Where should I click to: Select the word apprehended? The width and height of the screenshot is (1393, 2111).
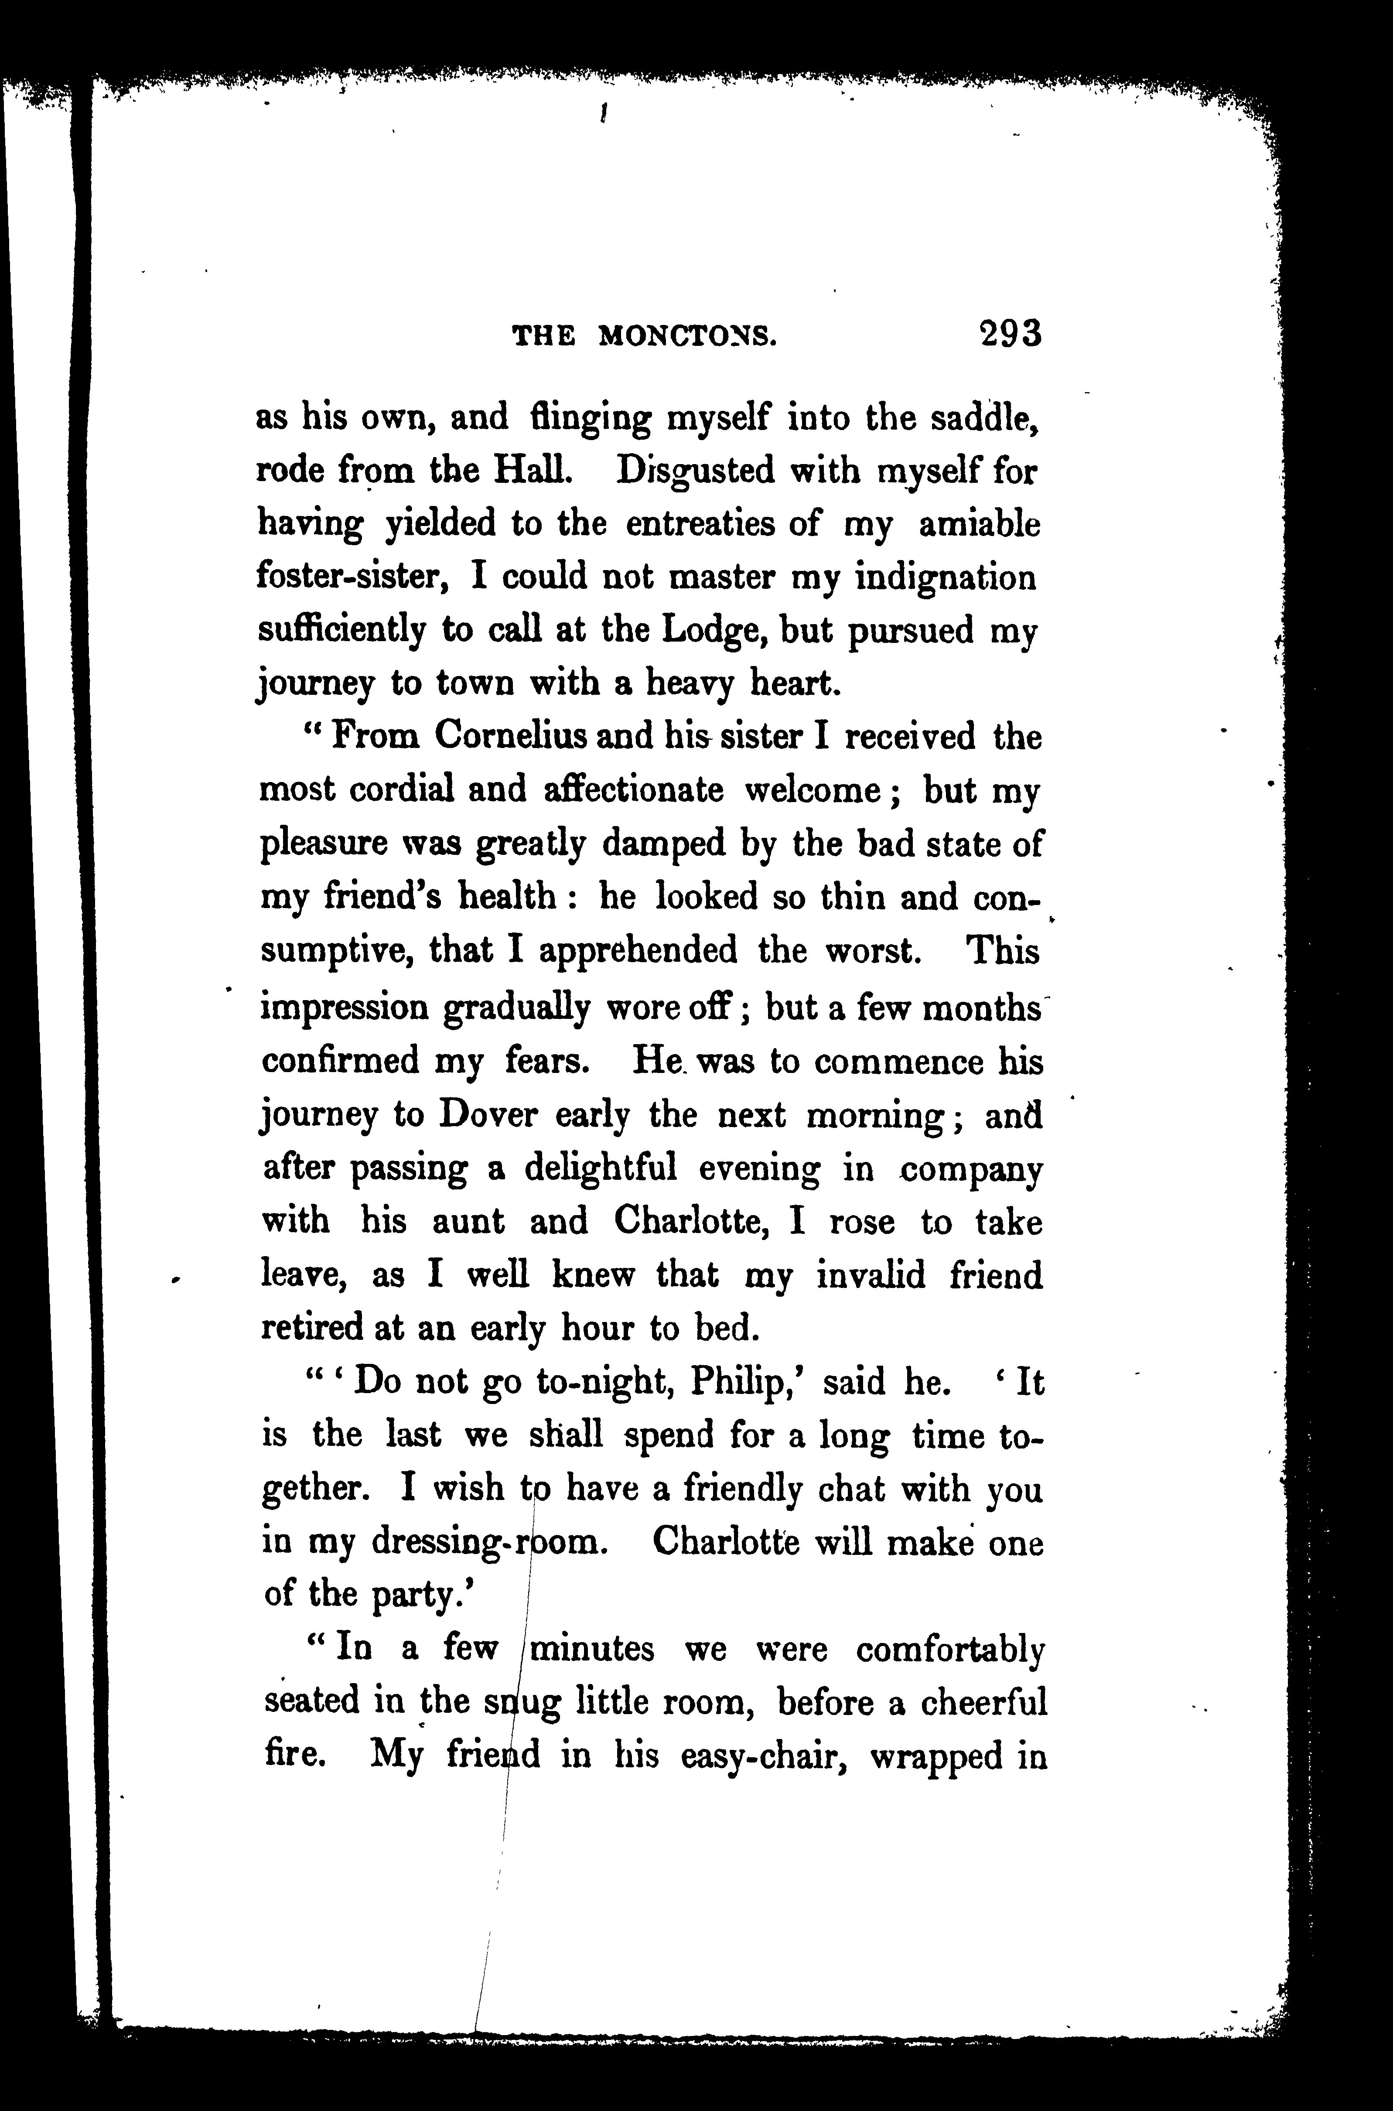638,952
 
